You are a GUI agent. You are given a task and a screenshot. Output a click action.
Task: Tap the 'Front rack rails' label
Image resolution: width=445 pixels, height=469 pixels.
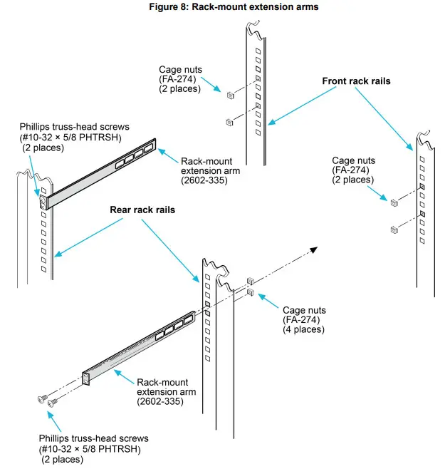point(356,81)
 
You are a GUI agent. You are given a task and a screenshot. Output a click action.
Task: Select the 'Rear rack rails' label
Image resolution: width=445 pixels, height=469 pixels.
point(142,210)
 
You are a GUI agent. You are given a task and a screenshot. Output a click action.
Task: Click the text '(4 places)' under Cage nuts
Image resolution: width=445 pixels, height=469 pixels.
point(303,329)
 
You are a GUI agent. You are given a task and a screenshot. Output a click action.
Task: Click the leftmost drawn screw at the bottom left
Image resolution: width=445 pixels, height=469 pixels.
point(41,399)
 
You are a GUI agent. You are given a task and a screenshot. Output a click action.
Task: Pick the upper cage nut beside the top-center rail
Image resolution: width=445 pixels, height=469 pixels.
point(231,95)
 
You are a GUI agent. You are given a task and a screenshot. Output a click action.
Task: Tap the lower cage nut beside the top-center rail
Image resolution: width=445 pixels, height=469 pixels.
point(229,120)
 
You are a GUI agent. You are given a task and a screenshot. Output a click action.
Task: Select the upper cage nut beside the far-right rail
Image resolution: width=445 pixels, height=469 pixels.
point(394,203)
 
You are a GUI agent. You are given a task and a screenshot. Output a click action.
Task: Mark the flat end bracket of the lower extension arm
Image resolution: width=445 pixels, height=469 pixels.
point(88,378)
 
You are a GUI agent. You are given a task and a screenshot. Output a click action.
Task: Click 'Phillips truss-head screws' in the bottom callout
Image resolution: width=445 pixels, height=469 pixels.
point(94,438)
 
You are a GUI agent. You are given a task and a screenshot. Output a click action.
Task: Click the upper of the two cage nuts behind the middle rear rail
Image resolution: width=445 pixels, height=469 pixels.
point(250,280)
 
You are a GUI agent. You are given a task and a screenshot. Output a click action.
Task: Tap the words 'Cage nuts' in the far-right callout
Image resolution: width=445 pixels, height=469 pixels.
point(352,161)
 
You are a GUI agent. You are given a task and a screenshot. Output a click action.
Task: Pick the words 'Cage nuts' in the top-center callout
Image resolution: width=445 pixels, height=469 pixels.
point(179,70)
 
